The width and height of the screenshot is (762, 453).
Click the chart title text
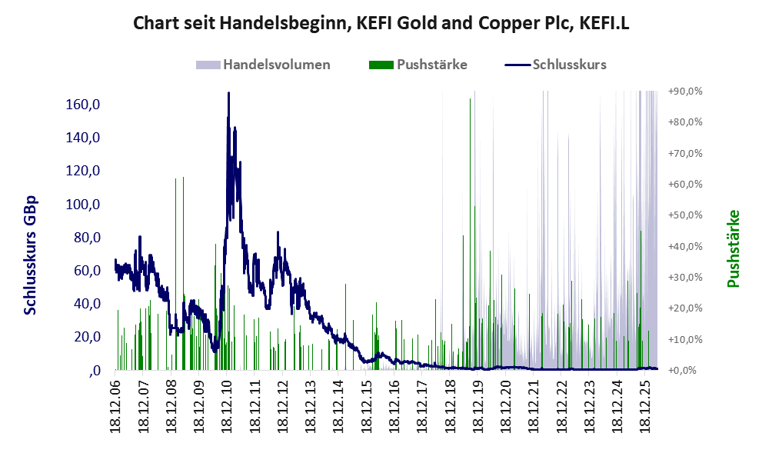381,23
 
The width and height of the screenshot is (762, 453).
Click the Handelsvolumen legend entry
263,65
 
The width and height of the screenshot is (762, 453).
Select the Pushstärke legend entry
418,65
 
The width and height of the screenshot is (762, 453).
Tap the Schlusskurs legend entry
555,65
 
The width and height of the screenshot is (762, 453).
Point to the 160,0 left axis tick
82,105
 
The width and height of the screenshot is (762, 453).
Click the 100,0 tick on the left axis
82,204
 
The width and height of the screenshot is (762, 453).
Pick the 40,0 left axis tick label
87,304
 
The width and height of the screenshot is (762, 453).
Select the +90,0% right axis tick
685,92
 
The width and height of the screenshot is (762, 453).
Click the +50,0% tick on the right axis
685,215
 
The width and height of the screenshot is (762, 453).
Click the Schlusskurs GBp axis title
30,255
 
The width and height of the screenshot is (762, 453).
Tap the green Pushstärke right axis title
733,248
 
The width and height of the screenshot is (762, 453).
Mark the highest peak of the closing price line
228,93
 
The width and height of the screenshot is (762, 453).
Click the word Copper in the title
504,23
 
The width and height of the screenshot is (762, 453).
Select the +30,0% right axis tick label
685,278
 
